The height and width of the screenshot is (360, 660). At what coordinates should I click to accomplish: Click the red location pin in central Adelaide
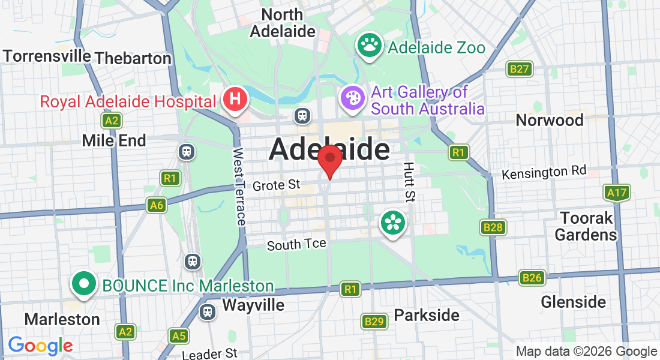click(329, 160)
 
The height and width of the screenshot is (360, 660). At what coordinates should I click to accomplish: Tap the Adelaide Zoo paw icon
click(370, 45)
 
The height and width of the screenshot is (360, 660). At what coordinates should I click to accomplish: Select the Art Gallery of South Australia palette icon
click(352, 98)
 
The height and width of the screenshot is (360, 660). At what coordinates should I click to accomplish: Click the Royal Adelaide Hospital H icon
click(235, 98)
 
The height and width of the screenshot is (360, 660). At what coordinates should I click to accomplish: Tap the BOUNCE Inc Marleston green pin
click(84, 283)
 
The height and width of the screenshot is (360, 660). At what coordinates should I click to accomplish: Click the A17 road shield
click(616, 193)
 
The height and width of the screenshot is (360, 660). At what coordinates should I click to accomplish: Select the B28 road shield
click(493, 227)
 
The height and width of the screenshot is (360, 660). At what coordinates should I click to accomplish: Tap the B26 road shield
click(532, 277)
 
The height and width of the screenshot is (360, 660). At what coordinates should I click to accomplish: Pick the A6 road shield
click(157, 206)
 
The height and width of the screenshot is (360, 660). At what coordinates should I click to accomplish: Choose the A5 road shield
click(178, 335)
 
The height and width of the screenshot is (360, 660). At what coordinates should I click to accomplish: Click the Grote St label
click(276, 185)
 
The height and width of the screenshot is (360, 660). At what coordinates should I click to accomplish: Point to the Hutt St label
click(409, 181)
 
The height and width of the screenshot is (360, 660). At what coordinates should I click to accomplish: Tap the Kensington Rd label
click(544, 173)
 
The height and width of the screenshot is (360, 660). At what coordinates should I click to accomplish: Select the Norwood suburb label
click(550, 120)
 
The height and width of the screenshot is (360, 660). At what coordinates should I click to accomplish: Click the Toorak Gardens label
click(586, 226)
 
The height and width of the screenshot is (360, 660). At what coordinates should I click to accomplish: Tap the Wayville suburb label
click(253, 305)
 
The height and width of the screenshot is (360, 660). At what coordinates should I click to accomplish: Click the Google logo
click(40, 346)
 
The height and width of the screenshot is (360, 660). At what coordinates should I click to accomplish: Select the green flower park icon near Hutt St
click(392, 223)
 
